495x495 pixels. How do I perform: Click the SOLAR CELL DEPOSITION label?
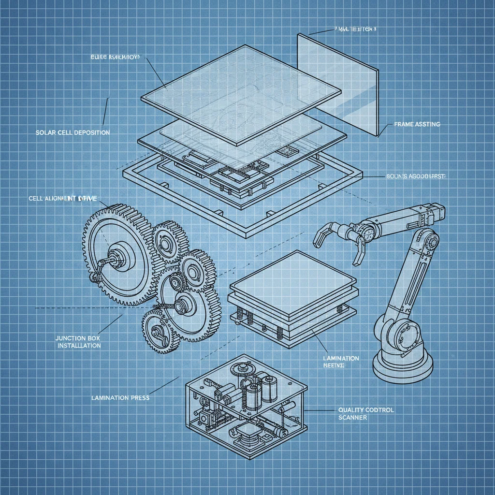point(73,132)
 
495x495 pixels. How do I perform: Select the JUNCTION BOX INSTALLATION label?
point(79,342)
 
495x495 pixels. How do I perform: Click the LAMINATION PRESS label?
point(120,398)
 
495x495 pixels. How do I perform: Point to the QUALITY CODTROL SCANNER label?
point(365,413)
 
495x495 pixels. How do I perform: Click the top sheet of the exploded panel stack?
point(240,93)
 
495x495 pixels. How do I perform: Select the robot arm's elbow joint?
point(425,240)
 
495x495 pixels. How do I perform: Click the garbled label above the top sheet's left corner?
point(114,57)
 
